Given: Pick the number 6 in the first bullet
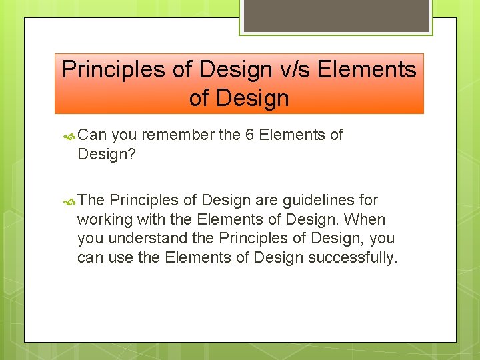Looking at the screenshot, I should pyautogui.click(x=249, y=135).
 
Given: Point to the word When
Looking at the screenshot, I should pyautogui.click(x=365, y=219).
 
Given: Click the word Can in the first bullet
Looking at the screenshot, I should pyautogui.click(x=93, y=135).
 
